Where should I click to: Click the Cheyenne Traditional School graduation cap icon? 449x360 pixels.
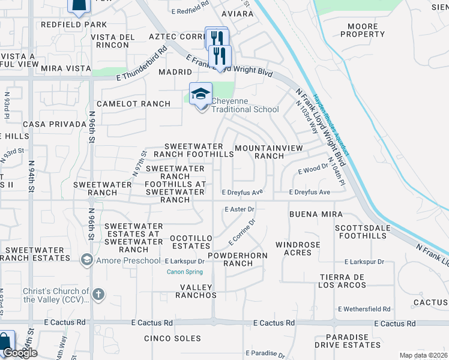point(200,94)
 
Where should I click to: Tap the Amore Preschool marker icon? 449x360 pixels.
point(87,260)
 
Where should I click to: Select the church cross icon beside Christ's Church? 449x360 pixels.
point(98,295)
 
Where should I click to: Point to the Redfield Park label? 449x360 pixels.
point(74,25)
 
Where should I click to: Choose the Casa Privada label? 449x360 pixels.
point(55,124)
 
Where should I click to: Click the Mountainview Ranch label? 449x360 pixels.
point(259,152)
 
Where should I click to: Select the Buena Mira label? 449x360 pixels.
point(316,214)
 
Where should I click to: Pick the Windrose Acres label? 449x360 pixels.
point(302,248)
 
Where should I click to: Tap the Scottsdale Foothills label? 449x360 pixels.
point(361,232)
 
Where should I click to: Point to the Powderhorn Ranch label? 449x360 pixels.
point(230,259)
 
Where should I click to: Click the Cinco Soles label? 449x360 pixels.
point(173,338)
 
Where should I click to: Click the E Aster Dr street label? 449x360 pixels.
point(240,209)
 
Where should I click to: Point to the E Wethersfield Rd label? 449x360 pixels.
point(364,309)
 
